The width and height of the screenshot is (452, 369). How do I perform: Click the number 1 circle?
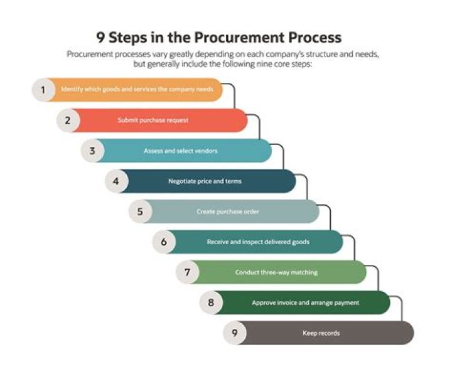[x=43, y=90]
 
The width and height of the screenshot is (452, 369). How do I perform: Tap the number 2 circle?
[x=68, y=120]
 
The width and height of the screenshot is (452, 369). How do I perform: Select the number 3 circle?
[x=92, y=151]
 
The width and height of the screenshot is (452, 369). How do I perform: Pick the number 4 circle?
[x=116, y=181]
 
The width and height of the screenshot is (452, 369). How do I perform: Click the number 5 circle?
[x=140, y=211]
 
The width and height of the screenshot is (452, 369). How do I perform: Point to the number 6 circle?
[x=164, y=242]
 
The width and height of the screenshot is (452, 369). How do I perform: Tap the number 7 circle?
[x=187, y=272]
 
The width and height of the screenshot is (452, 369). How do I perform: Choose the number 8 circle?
[x=211, y=302]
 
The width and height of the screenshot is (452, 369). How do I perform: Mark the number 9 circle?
[x=234, y=333]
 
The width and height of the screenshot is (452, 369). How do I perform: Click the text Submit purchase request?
[x=153, y=120]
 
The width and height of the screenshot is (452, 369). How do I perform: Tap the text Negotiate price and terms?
[x=205, y=181]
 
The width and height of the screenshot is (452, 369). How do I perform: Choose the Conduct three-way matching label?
[x=276, y=272]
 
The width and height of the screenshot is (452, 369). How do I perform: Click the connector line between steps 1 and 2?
[x=234, y=97]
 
